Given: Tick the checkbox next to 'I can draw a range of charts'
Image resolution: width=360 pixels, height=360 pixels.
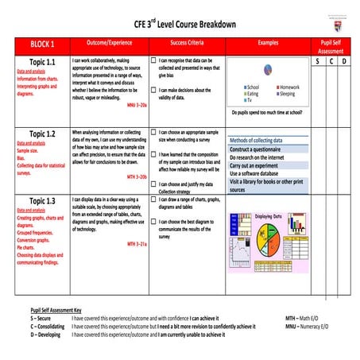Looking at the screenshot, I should [153, 197].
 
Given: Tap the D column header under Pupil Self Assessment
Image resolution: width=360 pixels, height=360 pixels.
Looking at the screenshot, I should [344, 61].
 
